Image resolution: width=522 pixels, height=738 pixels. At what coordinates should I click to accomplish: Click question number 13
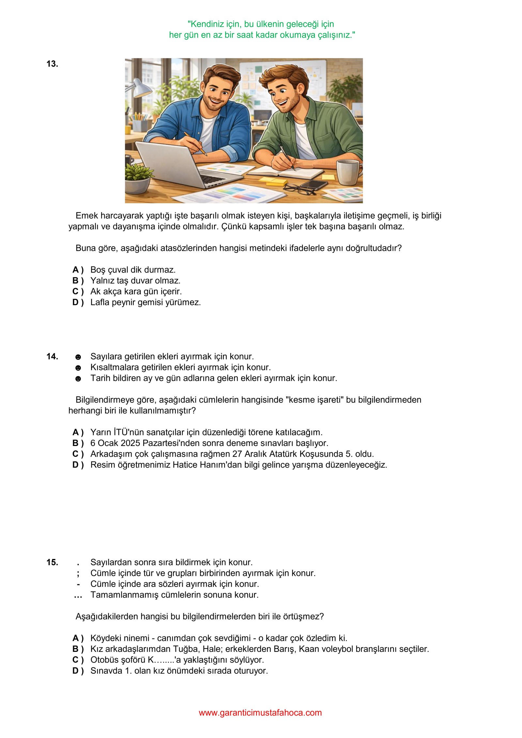pyautogui.click(x=52, y=64)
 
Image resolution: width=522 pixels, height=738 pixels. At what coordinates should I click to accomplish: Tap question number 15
pyautogui.click(x=52, y=562)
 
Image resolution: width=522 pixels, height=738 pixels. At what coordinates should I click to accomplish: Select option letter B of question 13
pyautogui.click(x=78, y=281)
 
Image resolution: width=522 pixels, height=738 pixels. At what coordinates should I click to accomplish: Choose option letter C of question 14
pyautogui.click(x=78, y=454)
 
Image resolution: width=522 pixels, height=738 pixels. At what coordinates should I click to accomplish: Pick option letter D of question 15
pyautogui.click(x=78, y=671)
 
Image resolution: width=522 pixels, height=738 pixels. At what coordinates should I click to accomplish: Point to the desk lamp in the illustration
pyautogui.click(x=140, y=87)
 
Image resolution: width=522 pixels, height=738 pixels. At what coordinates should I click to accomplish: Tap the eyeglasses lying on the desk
pyautogui.click(x=299, y=189)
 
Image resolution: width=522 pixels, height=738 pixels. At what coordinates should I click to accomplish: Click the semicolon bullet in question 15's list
pyautogui.click(x=78, y=573)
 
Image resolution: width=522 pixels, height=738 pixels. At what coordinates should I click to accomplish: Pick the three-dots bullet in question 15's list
pyautogui.click(x=78, y=595)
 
